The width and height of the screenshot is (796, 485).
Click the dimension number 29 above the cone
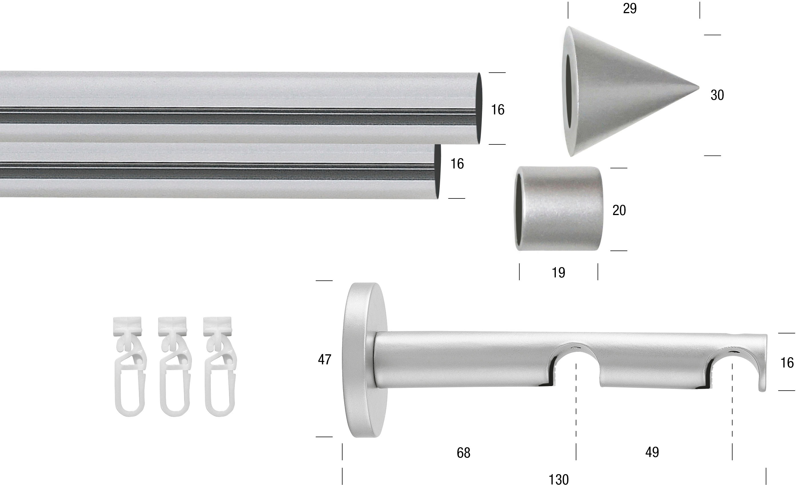pos(630,8)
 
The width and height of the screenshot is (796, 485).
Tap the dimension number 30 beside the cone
pos(717,95)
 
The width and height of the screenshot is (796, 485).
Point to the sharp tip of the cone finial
pos(699,87)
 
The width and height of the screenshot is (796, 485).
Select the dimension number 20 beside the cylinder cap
pos(619,210)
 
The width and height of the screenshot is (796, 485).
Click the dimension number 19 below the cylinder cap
pos(558,273)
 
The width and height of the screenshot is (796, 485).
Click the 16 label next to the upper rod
pos(498,110)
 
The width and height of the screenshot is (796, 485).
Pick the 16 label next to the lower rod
pos(457,164)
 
